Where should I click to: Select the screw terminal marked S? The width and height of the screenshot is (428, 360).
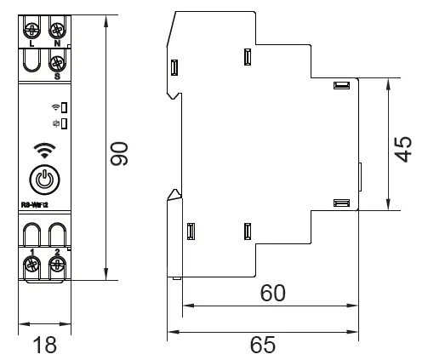click(x=56, y=63)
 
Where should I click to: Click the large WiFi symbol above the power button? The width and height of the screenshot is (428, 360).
click(x=44, y=151)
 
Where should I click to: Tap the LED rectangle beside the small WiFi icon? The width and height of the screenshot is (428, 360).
click(x=64, y=108)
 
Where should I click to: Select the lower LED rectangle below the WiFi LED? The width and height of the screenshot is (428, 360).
click(x=64, y=123)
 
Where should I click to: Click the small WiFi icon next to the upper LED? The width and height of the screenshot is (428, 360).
click(x=55, y=108)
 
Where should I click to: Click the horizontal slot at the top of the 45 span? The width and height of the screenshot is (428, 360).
click(x=342, y=85)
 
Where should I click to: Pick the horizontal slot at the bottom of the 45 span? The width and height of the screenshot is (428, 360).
click(x=342, y=203)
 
